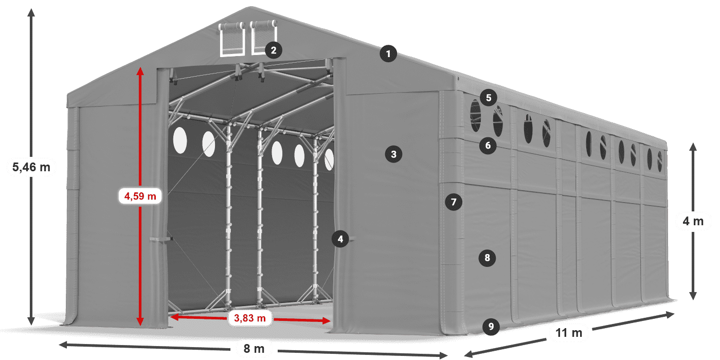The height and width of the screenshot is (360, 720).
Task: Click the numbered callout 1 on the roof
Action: [389, 53]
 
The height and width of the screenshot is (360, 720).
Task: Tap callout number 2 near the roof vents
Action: [273, 50]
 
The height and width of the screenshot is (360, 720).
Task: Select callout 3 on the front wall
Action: [393, 153]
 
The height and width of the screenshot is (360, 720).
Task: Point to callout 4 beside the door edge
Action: [340, 238]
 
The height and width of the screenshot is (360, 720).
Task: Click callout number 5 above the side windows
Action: [488, 97]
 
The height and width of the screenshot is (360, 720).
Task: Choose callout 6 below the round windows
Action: [488, 146]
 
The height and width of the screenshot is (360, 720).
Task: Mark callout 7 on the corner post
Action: [453, 202]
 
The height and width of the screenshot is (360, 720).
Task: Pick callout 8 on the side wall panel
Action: [488, 257]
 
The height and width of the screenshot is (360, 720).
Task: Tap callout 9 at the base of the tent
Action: [491, 326]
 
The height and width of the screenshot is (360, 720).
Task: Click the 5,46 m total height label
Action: [31, 167]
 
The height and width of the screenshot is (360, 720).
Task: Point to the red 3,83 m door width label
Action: [250, 318]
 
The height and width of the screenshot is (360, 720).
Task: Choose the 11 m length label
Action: [569, 333]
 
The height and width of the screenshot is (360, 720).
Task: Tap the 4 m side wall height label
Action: [693, 221]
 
